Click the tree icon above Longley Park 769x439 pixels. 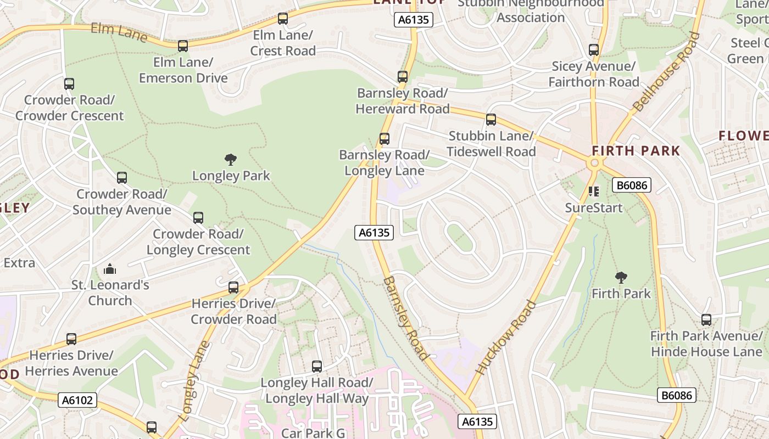[x=231, y=160]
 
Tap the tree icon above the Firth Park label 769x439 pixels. [x=621, y=278]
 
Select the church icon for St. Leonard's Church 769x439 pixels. [x=110, y=269]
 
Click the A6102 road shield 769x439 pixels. [x=77, y=400]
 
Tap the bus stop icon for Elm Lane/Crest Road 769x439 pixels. [x=283, y=19]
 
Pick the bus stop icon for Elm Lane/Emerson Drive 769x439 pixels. [x=183, y=46]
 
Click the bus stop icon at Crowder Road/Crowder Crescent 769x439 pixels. [x=69, y=84]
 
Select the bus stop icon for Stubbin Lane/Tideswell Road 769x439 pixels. [x=491, y=120]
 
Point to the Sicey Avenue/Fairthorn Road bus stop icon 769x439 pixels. [x=594, y=50]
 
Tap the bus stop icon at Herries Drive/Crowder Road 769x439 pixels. [x=233, y=288]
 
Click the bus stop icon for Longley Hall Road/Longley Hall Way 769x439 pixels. [x=317, y=367]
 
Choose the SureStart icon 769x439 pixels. [x=594, y=192]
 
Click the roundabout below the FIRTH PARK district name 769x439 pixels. [x=594, y=163]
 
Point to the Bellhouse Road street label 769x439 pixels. [x=666, y=72]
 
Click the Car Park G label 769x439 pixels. [x=313, y=433]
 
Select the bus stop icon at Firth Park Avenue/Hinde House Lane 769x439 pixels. [x=706, y=319]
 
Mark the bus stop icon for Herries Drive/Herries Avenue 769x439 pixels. [x=71, y=339]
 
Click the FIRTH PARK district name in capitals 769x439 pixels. [x=636, y=150]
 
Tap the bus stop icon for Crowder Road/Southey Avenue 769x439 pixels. [x=122, y=178]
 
